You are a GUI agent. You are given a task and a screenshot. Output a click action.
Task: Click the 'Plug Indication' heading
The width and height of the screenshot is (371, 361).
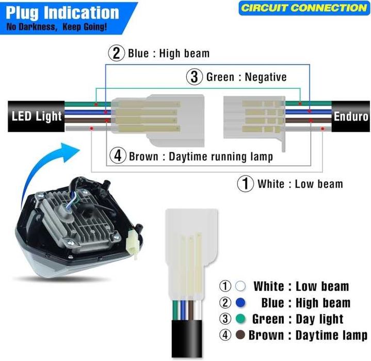(62, 12)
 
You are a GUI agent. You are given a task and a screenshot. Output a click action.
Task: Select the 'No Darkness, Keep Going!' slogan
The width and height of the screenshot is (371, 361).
(57, 26)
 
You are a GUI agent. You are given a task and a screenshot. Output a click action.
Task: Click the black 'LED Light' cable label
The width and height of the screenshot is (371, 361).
(37, 116)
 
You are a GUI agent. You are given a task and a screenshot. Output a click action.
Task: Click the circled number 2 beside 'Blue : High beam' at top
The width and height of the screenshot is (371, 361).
(116, 53)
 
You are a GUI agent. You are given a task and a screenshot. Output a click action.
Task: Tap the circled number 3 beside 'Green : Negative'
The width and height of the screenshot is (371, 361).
(194, 77)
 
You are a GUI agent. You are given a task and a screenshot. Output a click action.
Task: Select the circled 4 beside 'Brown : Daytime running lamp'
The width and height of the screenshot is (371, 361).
(118, 156)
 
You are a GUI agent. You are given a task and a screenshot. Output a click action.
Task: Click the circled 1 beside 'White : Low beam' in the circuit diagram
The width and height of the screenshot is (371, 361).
(245, 183)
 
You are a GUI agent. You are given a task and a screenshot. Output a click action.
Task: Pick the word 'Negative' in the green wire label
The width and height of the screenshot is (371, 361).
(265, 77)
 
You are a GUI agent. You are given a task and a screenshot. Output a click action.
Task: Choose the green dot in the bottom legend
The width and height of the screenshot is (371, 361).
(241, 319)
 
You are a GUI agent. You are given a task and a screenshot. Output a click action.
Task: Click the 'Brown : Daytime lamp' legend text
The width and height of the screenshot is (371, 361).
(308, 335)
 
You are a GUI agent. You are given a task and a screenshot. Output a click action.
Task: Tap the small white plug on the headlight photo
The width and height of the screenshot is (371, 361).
(133, 240)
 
